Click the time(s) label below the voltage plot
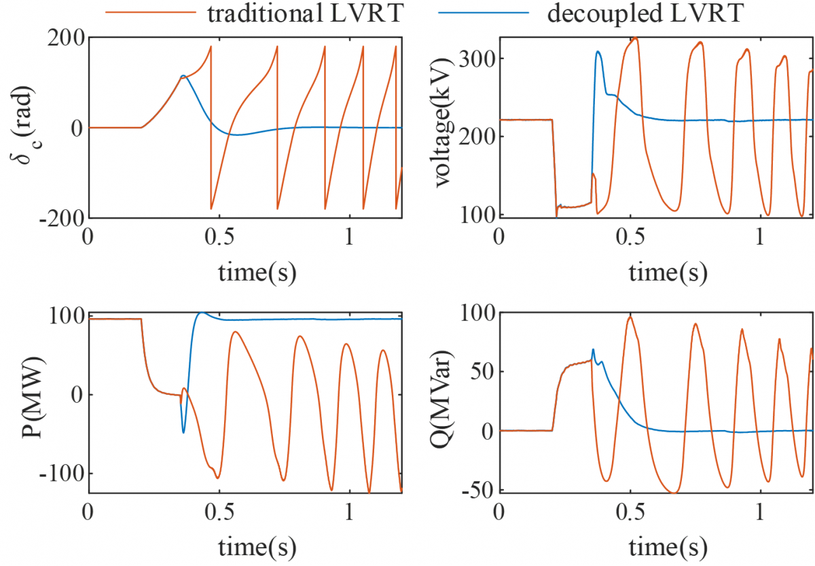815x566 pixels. pos(668,273)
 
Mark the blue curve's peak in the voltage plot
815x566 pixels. pos(598,51)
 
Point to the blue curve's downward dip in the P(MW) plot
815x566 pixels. pos(183,432)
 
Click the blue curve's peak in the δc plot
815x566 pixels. pos(182,75)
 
